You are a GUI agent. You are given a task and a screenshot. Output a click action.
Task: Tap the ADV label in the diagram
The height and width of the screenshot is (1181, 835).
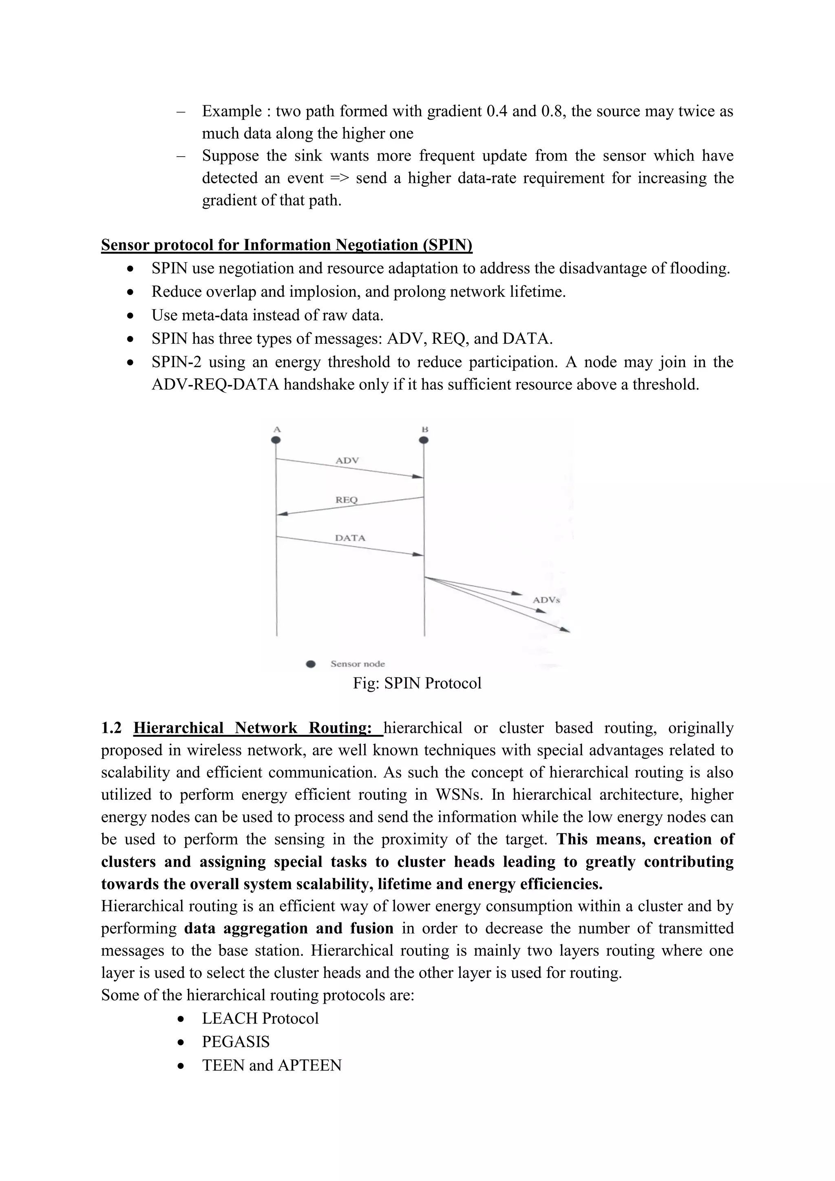[347, 460]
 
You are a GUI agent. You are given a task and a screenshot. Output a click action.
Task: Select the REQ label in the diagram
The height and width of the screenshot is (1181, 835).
[347, 500]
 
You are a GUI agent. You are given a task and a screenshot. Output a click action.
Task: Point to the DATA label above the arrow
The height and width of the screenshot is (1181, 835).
[350, 538]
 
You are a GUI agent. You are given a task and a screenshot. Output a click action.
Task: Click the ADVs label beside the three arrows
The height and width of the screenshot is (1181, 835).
[546, 600]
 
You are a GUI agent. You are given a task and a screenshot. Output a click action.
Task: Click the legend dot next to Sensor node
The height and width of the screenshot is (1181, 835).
[311, 664]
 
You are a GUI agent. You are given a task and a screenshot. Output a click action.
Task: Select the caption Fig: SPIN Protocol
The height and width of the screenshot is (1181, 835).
[417, 683]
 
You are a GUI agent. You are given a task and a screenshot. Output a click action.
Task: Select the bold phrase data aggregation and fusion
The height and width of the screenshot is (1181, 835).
[288, 929]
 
